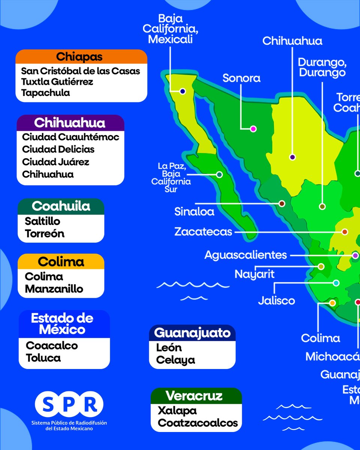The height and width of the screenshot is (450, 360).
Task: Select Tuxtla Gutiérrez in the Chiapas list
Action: coord(57,81)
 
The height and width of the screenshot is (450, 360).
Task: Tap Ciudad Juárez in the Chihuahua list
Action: coord(55,162)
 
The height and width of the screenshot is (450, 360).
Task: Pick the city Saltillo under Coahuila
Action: coord(42,221)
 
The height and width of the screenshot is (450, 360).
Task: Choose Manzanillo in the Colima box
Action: coord(54,289)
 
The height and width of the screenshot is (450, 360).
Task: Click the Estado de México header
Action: coord(62,324)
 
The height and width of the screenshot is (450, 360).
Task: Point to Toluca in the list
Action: coord(43,357)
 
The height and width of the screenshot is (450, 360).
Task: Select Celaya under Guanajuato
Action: coord(175,360)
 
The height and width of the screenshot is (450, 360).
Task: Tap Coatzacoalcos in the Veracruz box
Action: coord(198,423)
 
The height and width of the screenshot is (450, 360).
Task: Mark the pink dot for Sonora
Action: coord(253,129)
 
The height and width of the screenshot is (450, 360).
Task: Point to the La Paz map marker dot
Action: coord(219,174)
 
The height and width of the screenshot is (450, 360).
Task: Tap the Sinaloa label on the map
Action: coord(194,211)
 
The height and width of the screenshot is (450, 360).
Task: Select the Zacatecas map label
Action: coord(203,232)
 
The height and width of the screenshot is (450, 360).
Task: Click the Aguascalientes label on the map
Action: coord(246,255)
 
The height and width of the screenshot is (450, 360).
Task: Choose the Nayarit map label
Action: coord(255,274)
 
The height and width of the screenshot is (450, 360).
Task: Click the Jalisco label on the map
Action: coord(276,300)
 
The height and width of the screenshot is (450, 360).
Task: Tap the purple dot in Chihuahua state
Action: coord(292,157)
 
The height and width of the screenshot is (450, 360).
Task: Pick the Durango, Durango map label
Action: coord(322,67)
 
